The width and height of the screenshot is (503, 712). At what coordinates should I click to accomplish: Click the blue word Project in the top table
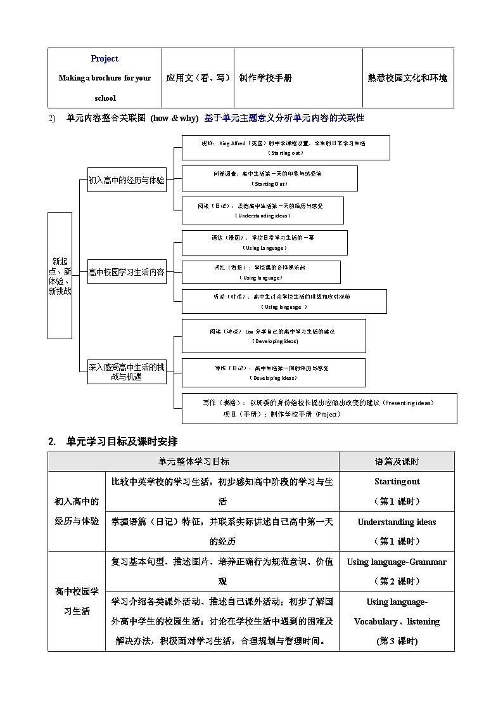coord(105,58)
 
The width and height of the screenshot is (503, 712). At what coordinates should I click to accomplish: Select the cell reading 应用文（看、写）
coord(198,78)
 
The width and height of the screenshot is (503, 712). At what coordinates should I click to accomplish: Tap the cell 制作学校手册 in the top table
coord(265,78)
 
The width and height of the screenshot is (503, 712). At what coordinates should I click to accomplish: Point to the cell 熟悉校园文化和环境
coord(407,78)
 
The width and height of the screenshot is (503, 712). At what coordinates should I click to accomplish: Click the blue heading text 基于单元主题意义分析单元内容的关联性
coord(284,118)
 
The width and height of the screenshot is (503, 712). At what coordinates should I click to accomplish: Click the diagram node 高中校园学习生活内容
coord(127,272)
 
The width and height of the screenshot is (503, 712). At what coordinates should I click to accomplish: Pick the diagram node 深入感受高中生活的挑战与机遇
coord(127,372)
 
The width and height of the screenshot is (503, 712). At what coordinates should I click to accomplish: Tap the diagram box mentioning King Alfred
coord(286,148)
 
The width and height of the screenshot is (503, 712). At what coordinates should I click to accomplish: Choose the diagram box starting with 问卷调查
coord(270,178)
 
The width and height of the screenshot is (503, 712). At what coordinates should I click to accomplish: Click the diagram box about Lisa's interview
coord(274,336)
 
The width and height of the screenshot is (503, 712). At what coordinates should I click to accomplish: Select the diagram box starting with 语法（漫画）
coord(264,242)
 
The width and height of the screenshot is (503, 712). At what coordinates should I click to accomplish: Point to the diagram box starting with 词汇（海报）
coord(261,272)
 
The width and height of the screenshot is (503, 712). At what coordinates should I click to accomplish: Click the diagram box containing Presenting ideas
coord(319,408)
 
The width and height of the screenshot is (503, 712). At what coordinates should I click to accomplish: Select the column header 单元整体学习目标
coord(194,462)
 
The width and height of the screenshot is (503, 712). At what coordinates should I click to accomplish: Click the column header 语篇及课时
coord(397,462)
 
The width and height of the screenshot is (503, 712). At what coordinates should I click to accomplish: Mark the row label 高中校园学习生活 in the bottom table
coord(77,601)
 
